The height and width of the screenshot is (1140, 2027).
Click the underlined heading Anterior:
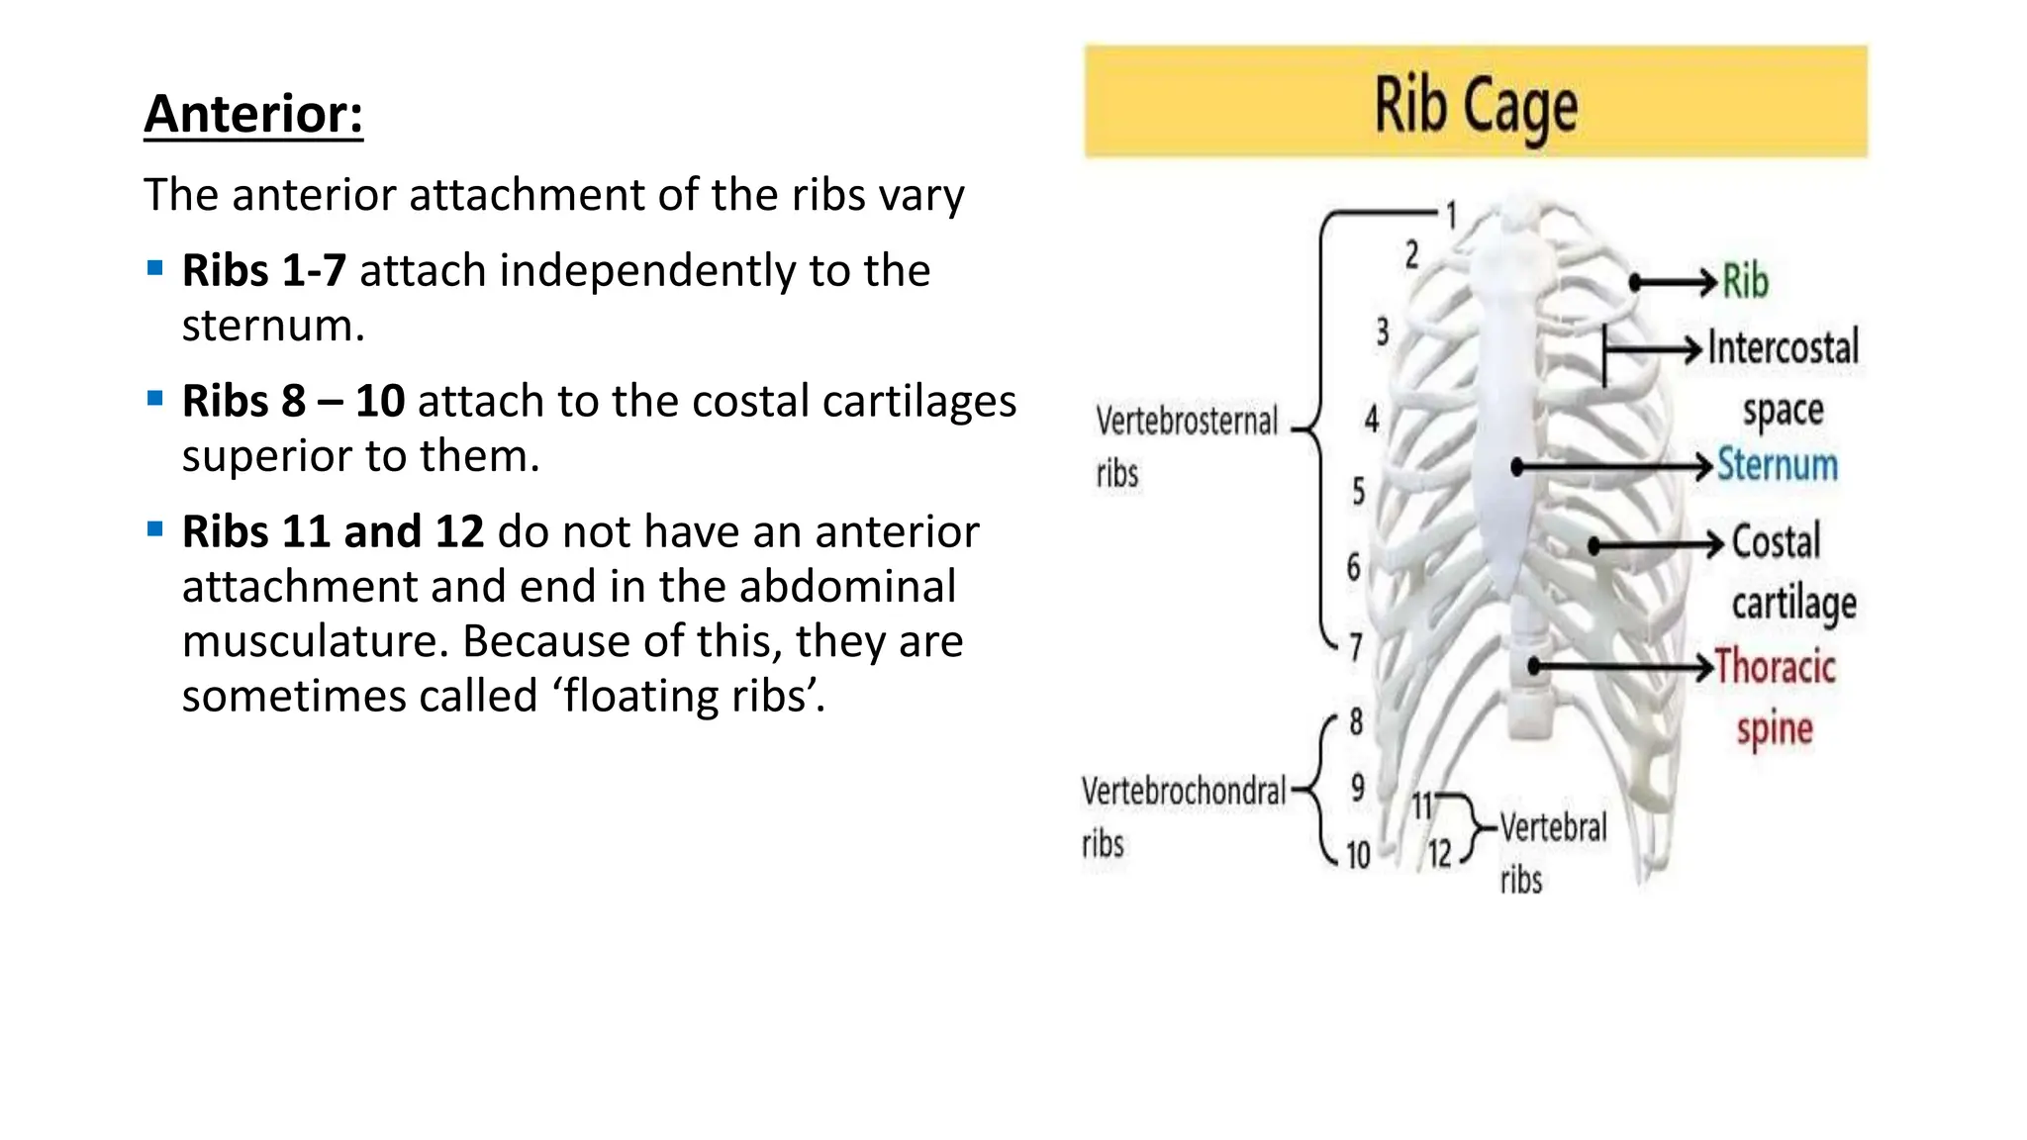click(253, 114)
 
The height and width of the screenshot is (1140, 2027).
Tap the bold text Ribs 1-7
click(263, 270)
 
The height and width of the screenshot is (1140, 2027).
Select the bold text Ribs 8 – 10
click(293, 401)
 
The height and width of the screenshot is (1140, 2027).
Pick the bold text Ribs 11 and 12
click(333, 531)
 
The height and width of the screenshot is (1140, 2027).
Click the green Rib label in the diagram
click(1745, 281)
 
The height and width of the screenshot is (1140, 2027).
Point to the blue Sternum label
click(1777, 465)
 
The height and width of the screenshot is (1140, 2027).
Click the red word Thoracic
click(1775, 667)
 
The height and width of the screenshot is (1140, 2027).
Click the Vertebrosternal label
click(1187, 422)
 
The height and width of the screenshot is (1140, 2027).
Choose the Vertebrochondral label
click(1183, 792)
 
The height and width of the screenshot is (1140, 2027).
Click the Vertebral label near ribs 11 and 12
click(1553, 827)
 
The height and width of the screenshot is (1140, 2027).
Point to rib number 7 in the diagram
click(1356, 647)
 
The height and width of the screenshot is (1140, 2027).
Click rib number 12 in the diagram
click(1439, 853)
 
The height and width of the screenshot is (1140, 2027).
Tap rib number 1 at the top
click(1451, 215)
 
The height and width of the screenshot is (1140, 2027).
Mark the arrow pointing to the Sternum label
click(1613, 466)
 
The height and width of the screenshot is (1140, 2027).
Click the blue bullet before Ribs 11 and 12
click(154, 529)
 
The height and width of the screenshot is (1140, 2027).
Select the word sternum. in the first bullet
click(273, 326)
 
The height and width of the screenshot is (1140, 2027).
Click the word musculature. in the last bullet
click(315, 641)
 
